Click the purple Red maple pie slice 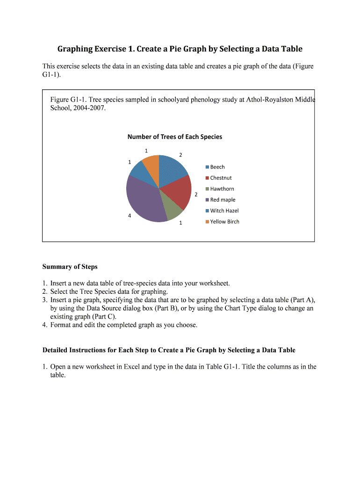143,199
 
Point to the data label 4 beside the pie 130,216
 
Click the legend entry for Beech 217,167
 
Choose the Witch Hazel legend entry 224,211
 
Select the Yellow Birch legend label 225,222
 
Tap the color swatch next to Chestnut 207,178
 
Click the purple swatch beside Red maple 207,200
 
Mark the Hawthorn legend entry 222,189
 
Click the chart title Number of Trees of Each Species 175,137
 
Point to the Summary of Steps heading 70,267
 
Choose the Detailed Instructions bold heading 169,350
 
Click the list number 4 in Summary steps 44,325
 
